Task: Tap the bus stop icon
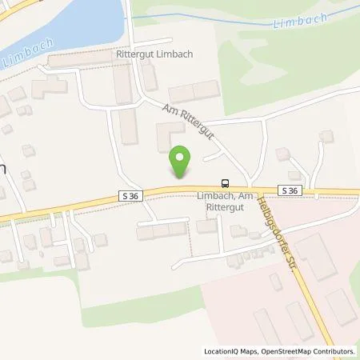pos(226,182)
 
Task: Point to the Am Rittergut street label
pos(184,119)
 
